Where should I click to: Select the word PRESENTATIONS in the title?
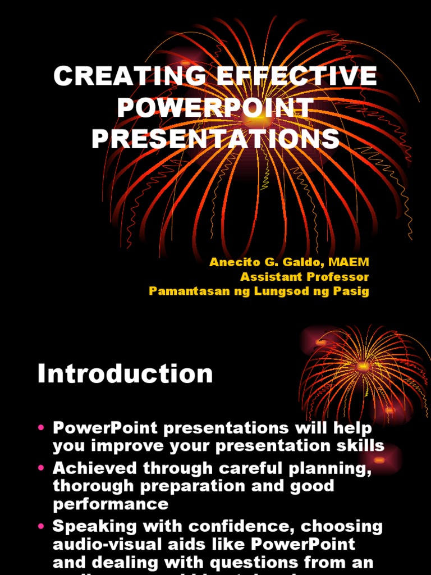point(215,139)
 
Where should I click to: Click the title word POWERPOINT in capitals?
point(215,108)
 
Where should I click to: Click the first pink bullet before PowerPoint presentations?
point(41,428)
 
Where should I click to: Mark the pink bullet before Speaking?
point(41,527)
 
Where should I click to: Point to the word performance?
point(111,504)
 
